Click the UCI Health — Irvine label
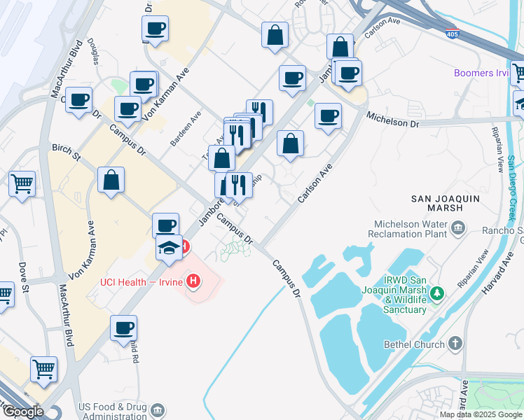pos(142,282)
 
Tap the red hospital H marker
pos(194,282)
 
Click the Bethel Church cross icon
pos(455,344)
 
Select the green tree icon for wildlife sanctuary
pos(437,292)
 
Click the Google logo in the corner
pos(22,412)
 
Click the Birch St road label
pos(66,148)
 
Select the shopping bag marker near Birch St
pos(111,180)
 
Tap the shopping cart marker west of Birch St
pos(22,184)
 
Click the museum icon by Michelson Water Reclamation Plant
pos(458,227)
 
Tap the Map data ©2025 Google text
pos(481,414)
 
